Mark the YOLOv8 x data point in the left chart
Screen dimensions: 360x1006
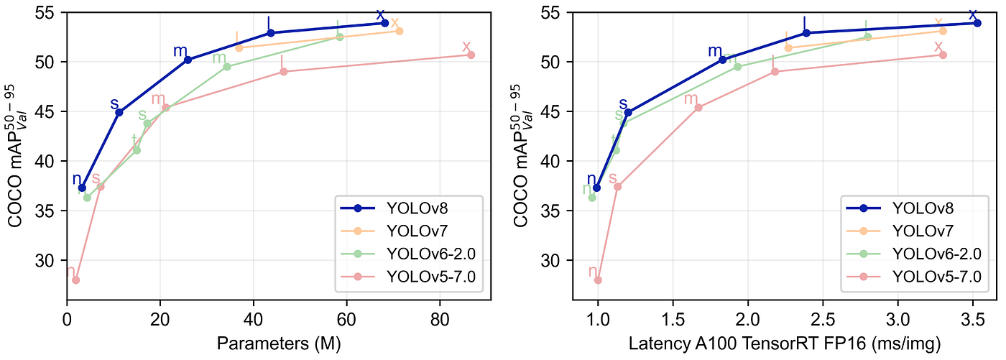pos(384,23)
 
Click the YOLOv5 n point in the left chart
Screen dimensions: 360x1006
pos(75,280)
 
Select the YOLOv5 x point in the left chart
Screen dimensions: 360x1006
pos(471,55)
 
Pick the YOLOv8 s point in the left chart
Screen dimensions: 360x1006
pos(119,112)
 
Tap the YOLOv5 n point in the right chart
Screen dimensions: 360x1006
pos(598,280)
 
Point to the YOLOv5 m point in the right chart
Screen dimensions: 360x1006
pos(698,108)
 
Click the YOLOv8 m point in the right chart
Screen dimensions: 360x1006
pos(722,60)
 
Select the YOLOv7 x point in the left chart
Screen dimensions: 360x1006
pos(400,31)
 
